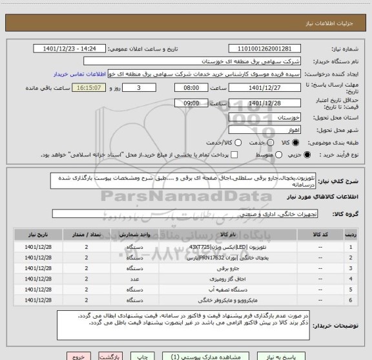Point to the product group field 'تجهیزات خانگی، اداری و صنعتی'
pos(194,213)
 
